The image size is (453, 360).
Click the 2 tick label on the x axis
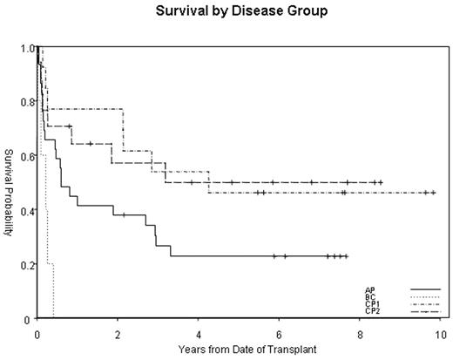[x=118, y=333]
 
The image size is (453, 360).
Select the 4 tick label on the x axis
[x=198, y=333]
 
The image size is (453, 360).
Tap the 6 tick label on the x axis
[x=279, y=333]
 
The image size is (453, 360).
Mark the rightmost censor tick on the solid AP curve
[x=346, y=256]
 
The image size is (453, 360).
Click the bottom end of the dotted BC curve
[x=53, y=318]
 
